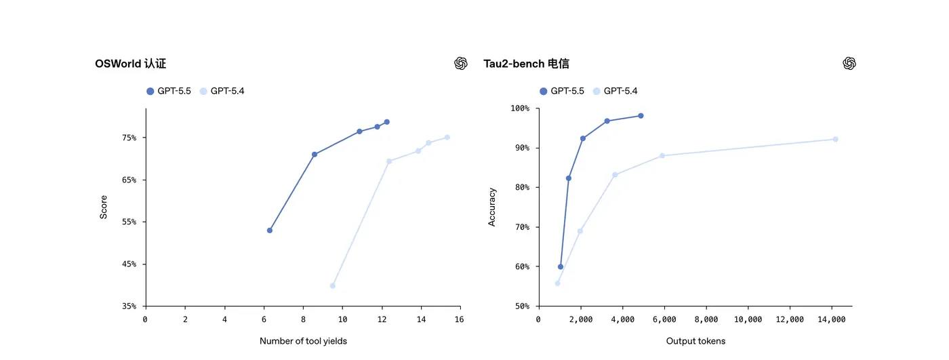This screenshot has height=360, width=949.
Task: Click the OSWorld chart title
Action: [130, 64]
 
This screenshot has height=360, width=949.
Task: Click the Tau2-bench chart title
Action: [526, 64]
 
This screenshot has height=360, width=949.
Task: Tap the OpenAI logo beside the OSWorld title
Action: [461, 63]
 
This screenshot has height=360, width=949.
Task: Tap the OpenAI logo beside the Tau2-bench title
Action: [849, 63]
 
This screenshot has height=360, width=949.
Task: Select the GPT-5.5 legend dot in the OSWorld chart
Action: [150, 91]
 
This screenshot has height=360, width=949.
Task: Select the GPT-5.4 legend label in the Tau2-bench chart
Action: [620, 91]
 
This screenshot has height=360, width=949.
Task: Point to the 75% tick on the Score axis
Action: [129, 138]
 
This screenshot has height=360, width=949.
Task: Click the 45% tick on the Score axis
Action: [129, 264]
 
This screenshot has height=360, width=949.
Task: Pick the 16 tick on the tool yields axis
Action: [459, 319]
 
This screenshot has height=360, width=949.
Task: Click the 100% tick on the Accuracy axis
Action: [520, 108]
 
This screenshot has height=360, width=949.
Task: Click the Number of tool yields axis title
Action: [303, 341]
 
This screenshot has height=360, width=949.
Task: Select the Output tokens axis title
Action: [695, 341]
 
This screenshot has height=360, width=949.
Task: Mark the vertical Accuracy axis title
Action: [492, 207]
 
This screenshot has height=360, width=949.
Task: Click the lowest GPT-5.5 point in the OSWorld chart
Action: [270, 231]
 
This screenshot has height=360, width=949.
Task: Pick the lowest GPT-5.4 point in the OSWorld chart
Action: [332, 286]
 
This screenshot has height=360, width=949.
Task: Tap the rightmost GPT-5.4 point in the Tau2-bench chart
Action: [835, 139]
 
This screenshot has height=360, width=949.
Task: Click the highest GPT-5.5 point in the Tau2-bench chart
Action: [641, 116]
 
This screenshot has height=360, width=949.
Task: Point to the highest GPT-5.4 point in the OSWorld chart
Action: [447, 138]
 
